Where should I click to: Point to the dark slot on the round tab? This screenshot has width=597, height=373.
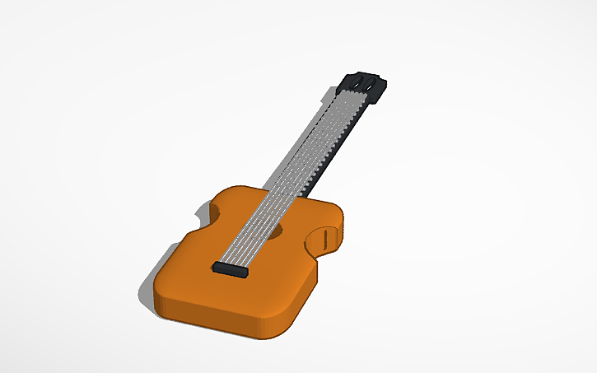(326, 239)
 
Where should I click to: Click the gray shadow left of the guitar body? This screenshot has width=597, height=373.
(147, 292)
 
